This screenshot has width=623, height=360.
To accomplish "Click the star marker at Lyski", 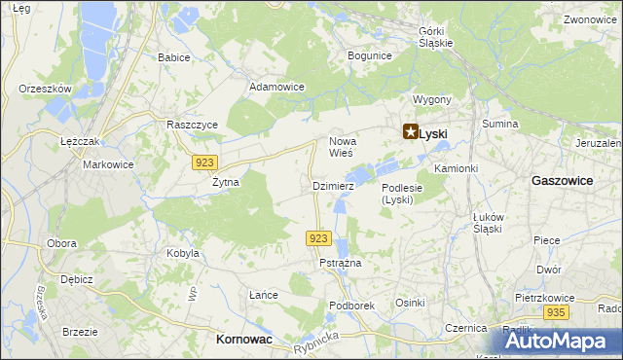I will pos(411,133).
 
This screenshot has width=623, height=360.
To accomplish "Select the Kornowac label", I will pos(243,339).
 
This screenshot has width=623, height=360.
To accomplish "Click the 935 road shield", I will pos(556,312).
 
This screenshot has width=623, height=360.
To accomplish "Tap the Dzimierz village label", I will pos(332,185).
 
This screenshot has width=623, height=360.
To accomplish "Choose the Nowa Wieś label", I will pos(343,147).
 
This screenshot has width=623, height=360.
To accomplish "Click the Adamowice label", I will pos(276,87).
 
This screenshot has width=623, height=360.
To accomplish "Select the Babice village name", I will pos(174,57).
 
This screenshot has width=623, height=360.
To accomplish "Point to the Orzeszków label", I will pos(46,89).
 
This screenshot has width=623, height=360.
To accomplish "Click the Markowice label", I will pos(107,164).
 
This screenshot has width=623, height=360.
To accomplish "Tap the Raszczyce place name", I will pos(192,126).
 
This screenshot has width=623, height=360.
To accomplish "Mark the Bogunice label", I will pos(369,56).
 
